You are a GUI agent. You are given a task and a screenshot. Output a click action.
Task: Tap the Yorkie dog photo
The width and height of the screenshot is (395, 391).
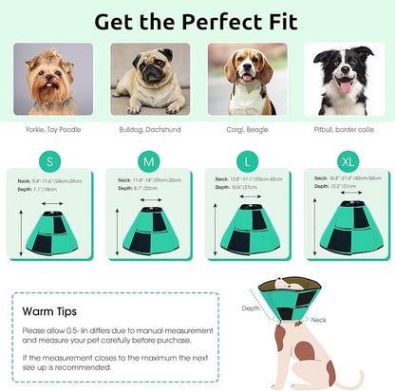(x=53, y=79)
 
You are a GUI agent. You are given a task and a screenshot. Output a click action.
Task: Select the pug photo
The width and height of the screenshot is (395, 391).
(x=149, y=79)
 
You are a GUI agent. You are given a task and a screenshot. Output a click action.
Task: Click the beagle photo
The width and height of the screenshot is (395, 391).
(x=246, y=79)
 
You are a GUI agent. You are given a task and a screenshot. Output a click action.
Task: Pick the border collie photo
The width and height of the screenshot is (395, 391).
(x=342, y=79)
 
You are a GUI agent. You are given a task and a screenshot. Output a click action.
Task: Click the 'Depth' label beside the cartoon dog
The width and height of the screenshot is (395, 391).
(x=250, y=307)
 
